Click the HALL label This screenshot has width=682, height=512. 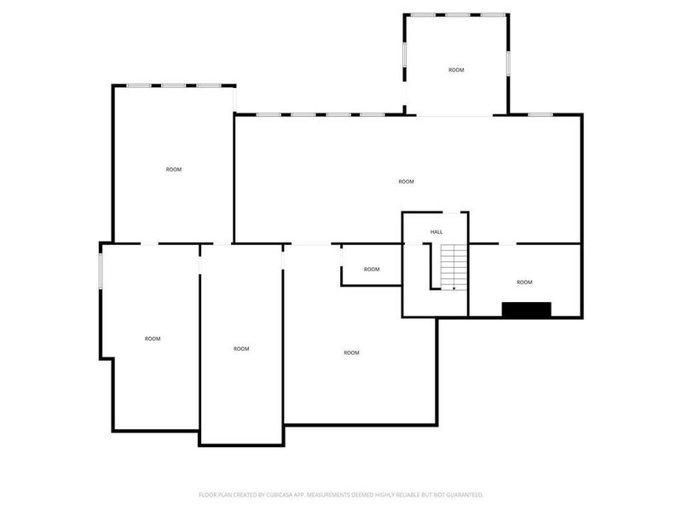point(436,232)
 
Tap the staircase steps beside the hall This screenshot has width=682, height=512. point(455,265)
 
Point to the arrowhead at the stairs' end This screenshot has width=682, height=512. point(454,288)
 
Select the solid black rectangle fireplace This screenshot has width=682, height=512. point(526,310)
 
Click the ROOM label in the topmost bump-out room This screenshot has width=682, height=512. point(456,70)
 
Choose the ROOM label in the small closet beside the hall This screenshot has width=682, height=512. point(372,270)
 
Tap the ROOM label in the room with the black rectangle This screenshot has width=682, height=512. point(524,282)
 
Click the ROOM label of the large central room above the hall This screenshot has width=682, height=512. point(406,182)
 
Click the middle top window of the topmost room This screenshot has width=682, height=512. point(456,15)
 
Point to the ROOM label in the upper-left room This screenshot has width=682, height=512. point(174,170)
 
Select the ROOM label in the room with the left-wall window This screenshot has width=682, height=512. point(152,339)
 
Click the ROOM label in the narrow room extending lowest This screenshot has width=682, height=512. point(241,349)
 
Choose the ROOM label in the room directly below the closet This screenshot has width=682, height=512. point(351,353)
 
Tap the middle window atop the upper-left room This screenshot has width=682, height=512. point(174,85)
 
